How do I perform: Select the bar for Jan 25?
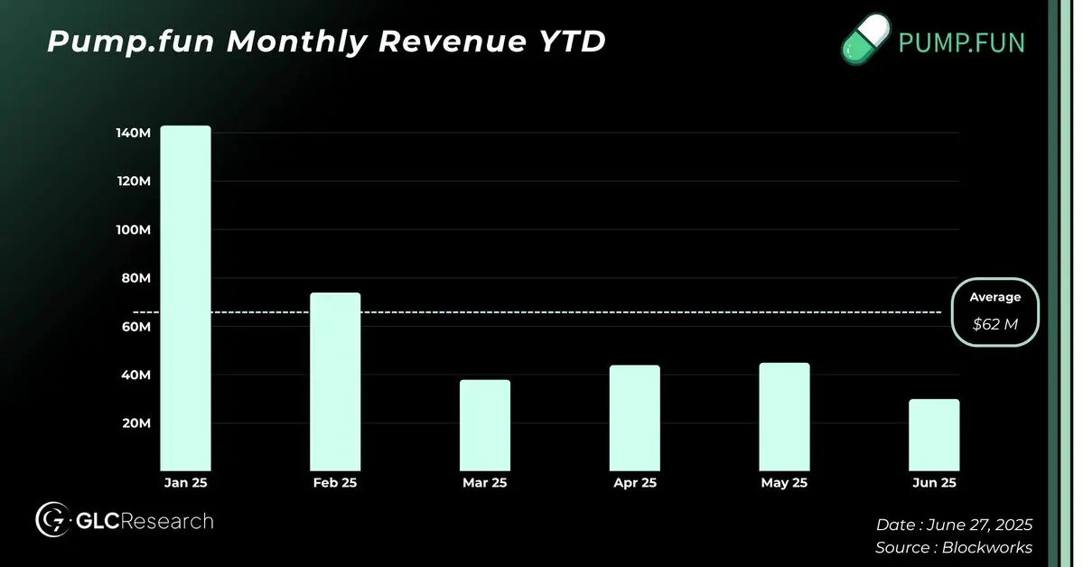tap(185, 298)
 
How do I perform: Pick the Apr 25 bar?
tap(635, 418)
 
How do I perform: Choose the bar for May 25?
tap(785, 416)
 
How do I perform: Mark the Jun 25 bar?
tap(935, 434)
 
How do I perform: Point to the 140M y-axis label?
tap(132, 133)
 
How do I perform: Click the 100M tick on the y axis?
tap(132, 229)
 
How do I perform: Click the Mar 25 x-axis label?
tap(485, 483)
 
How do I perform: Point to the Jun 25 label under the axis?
tap(935, 483)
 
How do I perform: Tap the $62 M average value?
tap(995, 324)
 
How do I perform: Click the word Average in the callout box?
tap(995, 297)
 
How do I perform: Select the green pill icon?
tap(865, 42)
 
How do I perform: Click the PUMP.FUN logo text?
tap(961, 42)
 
